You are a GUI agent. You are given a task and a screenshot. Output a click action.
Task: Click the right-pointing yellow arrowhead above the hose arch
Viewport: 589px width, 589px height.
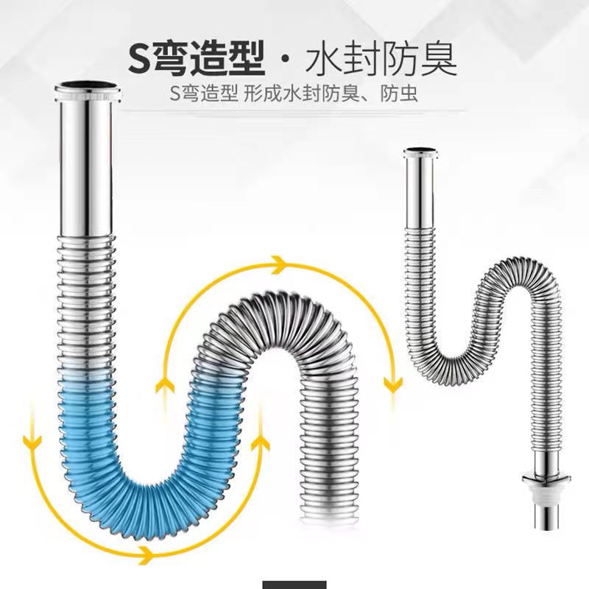pos(278,264)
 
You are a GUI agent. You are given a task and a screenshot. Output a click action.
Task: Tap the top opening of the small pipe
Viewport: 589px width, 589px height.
pos(419,150)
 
